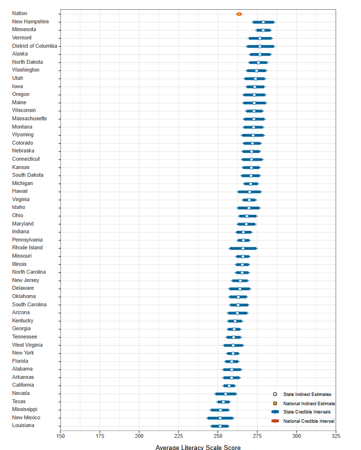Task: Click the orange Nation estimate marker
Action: click(239, 14)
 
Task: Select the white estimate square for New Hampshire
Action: click(263, 22)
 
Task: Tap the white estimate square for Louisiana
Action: click(220, 426)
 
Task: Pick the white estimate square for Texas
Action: click(224, 402)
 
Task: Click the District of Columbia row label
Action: click(35, 46)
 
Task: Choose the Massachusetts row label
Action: click(29, 118)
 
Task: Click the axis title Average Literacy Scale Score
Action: click(198, 447)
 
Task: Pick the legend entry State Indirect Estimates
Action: click(307, 394)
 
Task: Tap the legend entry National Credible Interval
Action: click(308, 421)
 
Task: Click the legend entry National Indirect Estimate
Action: click(309, 403)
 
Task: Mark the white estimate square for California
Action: click(229, 386)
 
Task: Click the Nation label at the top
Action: click(19, 14)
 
